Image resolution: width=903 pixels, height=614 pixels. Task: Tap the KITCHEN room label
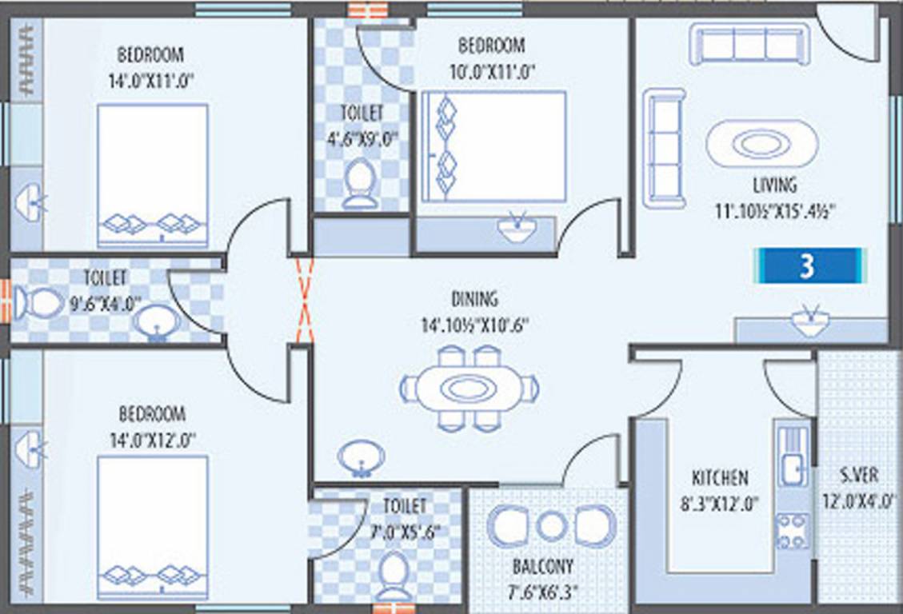[720, 477]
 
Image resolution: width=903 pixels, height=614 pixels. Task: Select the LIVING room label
[774, 185]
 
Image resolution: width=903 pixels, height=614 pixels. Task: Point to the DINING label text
[474, 300]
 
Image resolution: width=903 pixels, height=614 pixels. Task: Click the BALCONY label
[543, 567]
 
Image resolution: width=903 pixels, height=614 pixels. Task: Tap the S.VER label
[859, 475]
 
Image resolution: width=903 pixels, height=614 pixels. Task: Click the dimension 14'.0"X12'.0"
[152, 439]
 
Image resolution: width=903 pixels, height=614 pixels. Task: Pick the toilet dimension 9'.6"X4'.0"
[105, 303]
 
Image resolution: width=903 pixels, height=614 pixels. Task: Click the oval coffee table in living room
[762, 144]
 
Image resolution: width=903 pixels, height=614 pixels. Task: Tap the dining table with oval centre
[469, 389]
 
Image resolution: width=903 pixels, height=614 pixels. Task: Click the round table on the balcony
[551, 526]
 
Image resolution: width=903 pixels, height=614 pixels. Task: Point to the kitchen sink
[792, 466]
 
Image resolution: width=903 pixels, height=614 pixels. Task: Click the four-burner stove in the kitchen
[792, 531]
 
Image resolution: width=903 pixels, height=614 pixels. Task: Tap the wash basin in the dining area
[361, 458]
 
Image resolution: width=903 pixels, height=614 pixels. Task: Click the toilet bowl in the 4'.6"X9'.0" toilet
[359, 181]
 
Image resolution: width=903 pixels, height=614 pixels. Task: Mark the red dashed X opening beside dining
[304, 300]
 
